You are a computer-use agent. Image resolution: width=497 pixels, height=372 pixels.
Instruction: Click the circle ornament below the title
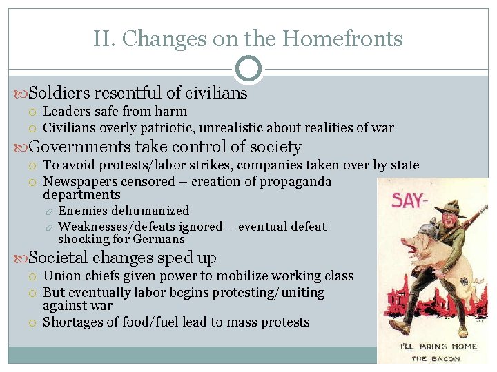[248, 70]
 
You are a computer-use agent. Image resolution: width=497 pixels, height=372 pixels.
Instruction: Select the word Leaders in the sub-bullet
[67, 112]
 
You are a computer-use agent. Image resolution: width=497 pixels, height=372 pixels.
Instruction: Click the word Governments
[79, 147]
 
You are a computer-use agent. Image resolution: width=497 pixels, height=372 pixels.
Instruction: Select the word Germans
[162, 240]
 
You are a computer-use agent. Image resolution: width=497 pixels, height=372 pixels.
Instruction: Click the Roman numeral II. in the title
[104, 39]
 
